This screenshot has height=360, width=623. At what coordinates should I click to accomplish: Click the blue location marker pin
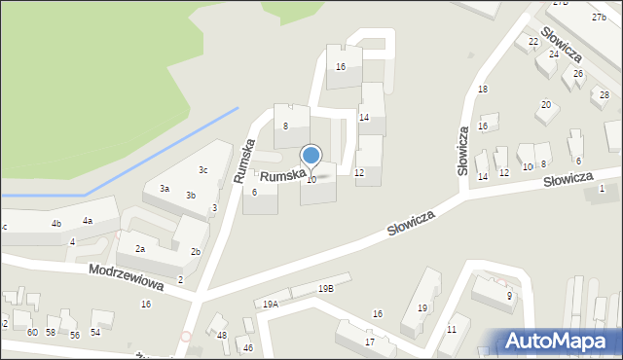pyautogui.click(x=311, y=156)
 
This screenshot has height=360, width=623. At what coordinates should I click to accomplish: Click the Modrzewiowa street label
pyautogui.click(x=126, y=275)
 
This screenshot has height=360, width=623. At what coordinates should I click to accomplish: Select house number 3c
pyautogui.click(x=202, y=170)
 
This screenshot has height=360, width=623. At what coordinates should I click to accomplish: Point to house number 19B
pyautogui.click(x=326, y=288)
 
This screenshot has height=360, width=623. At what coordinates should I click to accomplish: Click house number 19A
pyautogui.click(x=271, y=304)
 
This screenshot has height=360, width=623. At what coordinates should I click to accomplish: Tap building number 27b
pyautogui.click(x=598, y=18)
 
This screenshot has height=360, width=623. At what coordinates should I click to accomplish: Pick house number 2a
pyautogui.click(x=140, y=249)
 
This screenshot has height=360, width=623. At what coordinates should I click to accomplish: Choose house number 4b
pyautogui.click(x=56, y=224)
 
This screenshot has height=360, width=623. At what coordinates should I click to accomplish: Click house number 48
pyautogui.click(x=222, y=336)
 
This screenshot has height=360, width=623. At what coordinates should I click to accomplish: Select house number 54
pyautogui.click(x=95, y=333)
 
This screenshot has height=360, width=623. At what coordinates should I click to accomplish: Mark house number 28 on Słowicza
pyautogui.click(x=604, y=95)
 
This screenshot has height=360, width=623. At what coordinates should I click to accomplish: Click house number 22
pyautogui.click(x=533, y=42)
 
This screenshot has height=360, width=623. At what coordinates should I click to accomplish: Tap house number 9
pyautogui.click(x=509, y=295)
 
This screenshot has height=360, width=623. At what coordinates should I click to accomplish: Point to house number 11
pyautogui.click(x=451, y=330)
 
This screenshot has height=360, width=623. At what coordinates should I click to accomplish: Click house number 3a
pyautogui.click(x=165, y=188)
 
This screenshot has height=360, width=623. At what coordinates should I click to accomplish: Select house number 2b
pyautogui.click(x=196, y=252)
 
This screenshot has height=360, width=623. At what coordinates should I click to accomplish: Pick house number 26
pyautogui.click(x=577, y=74)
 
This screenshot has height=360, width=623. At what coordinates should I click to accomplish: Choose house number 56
pyautogui.click(x=74, y=335)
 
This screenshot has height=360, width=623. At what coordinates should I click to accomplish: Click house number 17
pyautogui.click(x=370, y=342)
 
